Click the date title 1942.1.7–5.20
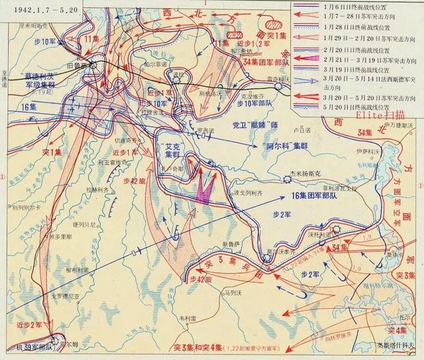[37, 8]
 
